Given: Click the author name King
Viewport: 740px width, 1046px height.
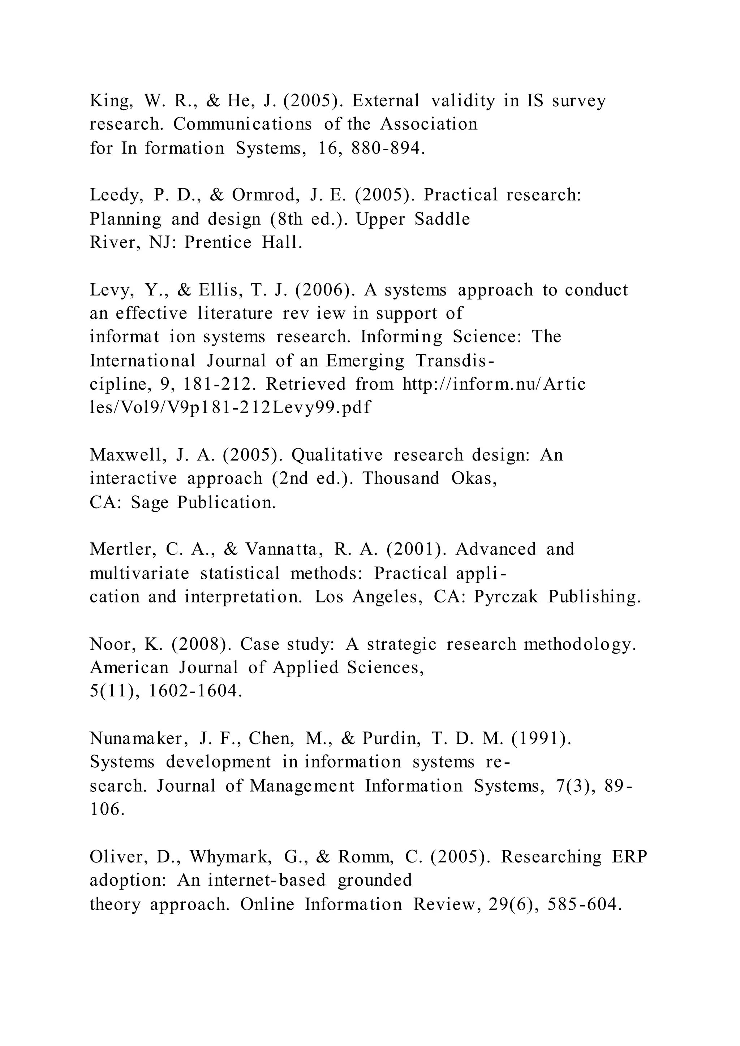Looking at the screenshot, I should point(110,101).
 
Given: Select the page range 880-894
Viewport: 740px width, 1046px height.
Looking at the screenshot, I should point(388,148).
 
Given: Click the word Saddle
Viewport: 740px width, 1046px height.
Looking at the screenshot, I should point(442,220).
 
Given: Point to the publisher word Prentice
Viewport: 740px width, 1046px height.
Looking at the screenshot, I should point(218,243).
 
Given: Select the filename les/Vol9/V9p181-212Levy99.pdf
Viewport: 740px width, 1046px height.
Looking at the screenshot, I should point(230,408).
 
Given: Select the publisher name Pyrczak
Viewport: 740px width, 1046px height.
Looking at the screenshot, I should point(506,597).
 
